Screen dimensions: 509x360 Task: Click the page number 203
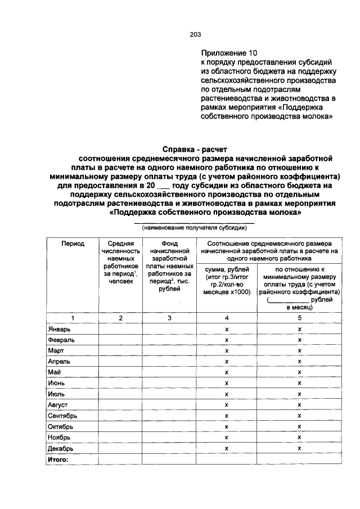[195, 34]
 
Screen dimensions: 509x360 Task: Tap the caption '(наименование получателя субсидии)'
[194, 228]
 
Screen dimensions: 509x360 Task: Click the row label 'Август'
[58, 404]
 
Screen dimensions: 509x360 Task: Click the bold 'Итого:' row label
[57, 459]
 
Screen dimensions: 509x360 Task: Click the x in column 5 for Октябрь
[300, 426]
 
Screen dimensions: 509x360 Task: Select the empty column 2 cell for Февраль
[120, 340]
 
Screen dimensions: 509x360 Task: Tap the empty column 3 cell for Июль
[169, 394]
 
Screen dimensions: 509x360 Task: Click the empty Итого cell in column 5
[300, 459]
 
